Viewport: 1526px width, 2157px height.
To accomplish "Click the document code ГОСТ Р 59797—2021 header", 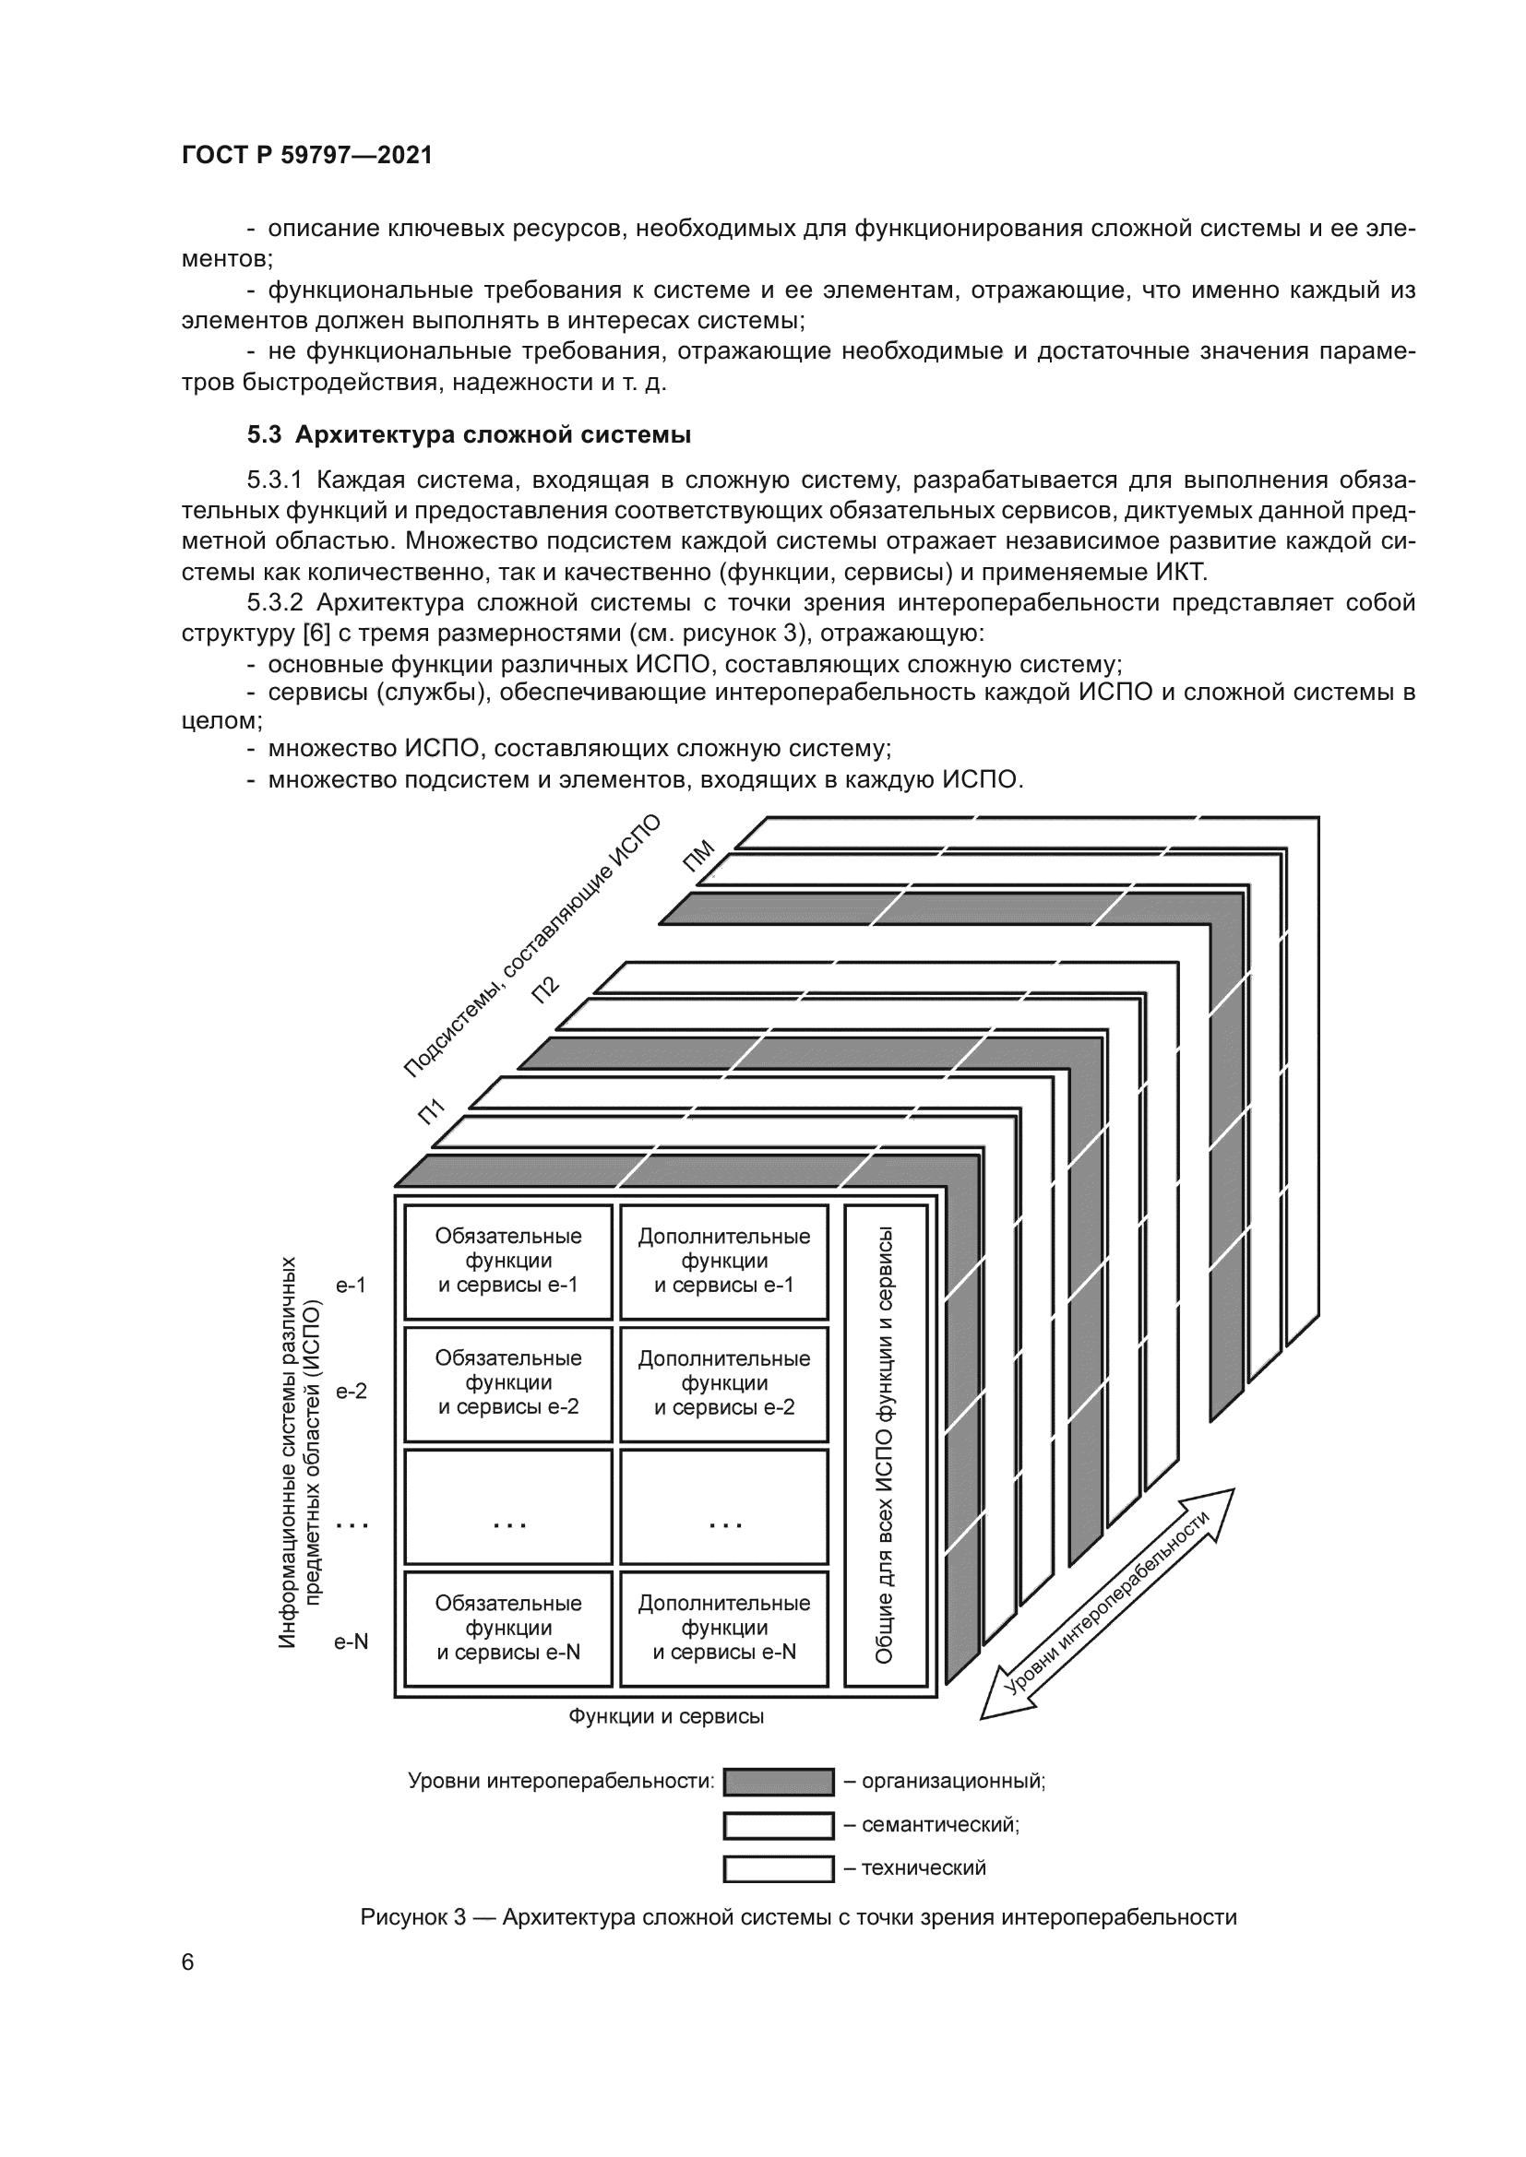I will coord(306,155).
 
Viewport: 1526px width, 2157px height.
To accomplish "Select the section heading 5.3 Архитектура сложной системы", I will coord(469,435).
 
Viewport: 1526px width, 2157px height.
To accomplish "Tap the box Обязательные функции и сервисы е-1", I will coord(507,1261).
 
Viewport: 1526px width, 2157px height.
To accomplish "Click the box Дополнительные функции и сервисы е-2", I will coord(723,1383).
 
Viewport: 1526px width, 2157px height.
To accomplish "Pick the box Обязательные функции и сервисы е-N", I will coord(507,1628).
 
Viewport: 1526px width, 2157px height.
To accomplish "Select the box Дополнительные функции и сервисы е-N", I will coord(723,1628).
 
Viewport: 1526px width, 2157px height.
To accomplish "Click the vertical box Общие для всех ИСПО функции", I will coord(884,1445).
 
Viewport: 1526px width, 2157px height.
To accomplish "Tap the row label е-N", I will coord(352,1642).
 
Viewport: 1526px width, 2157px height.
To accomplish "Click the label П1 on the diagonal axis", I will coord(431,1112).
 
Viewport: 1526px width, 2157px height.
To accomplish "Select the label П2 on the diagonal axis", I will coord(546,990).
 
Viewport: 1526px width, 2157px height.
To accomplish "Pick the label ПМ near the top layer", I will coord(699,857).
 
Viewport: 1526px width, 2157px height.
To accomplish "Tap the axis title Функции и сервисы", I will coord(665,1716).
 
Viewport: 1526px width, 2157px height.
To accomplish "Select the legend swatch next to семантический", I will coord(778,1825).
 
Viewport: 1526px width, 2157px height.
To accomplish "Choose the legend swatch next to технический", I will coord(778,1868).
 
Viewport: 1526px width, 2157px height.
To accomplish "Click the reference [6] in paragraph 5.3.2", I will coord(315,634).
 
